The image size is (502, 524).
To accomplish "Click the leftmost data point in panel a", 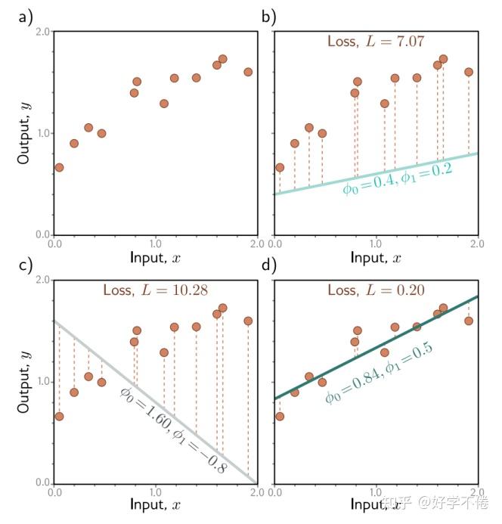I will [x=59, y=167].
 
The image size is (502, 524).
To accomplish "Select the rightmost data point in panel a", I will [x=248, y=72].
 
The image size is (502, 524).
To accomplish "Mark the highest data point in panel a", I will [x=222, y=59].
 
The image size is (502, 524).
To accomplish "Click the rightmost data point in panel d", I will [x=469, y=321].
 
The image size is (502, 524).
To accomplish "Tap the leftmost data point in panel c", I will [x=59, y=416].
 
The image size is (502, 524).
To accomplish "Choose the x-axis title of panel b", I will [x=376, y=257].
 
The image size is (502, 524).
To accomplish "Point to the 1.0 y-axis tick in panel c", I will [x=42, y=382].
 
